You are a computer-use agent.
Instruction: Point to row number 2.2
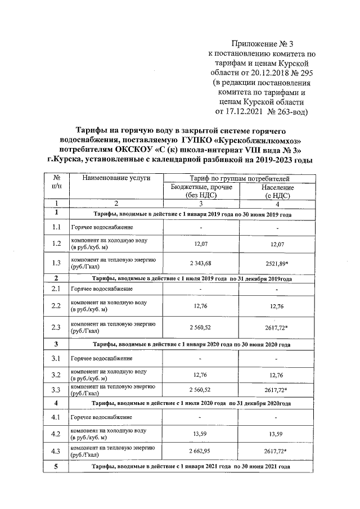[56, 307]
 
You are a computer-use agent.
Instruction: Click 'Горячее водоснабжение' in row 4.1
[101, 417]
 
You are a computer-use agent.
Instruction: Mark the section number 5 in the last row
[56, 467]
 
